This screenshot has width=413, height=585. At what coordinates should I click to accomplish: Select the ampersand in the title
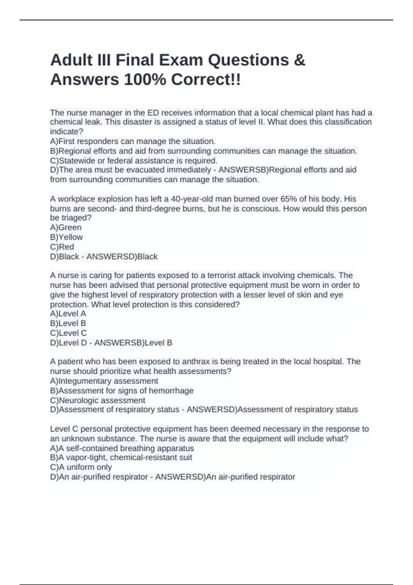coord(300,60)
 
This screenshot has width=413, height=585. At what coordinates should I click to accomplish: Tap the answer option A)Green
coord(66,227)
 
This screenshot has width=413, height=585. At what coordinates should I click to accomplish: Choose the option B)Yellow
coord(66,237)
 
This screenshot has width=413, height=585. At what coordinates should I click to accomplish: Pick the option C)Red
coord(62,247)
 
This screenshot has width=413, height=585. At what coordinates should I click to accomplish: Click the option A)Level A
coord(68,313)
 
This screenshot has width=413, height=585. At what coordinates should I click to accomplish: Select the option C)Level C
coord(68,333)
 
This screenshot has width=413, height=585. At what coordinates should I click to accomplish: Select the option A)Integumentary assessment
coord(104,381)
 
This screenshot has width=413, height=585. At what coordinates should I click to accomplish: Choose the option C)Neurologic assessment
coord(98,400)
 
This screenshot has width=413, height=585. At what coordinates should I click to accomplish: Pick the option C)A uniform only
coord(81,467)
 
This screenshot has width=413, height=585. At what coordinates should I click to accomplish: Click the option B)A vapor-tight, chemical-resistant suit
coord(121,457)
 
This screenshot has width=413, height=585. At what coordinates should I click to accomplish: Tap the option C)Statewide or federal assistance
coord(134,161)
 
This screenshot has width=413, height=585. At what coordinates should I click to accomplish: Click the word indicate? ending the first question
coord(67,131)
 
